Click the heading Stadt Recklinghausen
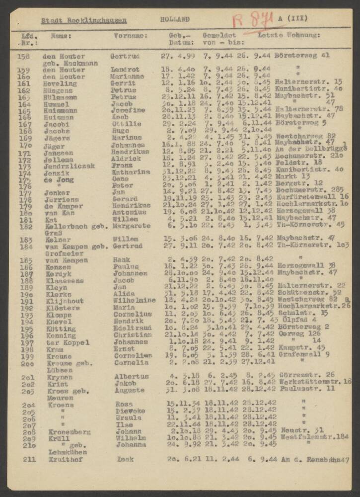[83, 21]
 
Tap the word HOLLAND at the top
[175, 19]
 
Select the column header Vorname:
[131, 36]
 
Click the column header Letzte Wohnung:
[289, 35]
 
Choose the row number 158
[23, 56]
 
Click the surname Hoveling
[60, 83]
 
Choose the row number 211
[29, 459]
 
